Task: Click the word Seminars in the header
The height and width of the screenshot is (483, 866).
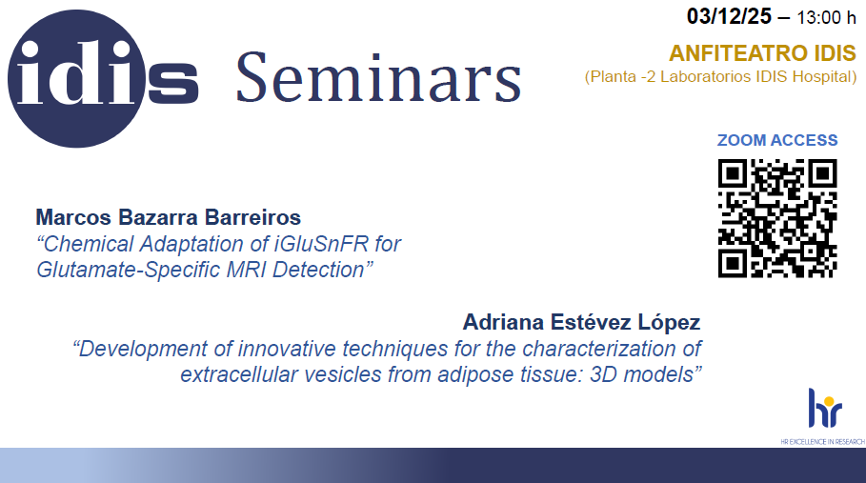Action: (x=379, y=77)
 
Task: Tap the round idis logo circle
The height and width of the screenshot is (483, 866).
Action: (x=76, y=78)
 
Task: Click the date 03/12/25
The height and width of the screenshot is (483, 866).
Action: (x=729, y=16)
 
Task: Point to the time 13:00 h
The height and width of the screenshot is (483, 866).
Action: (x=826, y=18)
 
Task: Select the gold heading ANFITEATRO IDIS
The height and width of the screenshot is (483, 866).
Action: (x=763, y=53)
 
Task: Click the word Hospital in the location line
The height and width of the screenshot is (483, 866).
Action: (x=824, y=77)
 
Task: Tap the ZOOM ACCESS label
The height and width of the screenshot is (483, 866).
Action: (x=777, y=140)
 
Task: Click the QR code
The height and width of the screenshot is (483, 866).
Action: (x=777, y=218)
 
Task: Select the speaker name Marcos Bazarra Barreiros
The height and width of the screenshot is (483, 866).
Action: (x=169, y=217)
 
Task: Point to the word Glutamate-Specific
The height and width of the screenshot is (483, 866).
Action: (x=125, y=270)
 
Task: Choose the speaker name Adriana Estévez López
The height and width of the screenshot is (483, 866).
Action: (x=581, y=322)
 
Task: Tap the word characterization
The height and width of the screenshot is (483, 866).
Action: (x=597, y=349)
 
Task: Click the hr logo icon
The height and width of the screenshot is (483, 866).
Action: (x=825, y=408)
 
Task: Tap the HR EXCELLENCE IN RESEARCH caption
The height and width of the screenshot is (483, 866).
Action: (x=822, y=442)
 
